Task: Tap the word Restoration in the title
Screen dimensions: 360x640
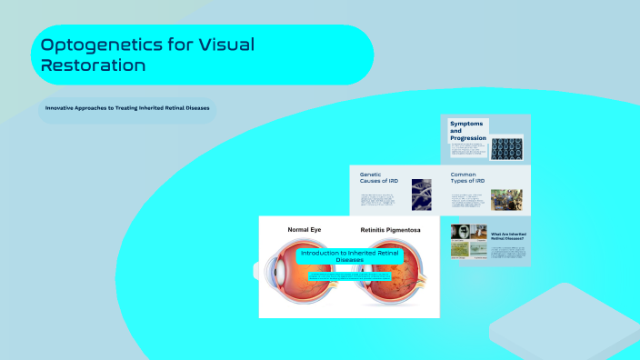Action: [95, 65]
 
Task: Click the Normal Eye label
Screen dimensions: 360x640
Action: [305, 230]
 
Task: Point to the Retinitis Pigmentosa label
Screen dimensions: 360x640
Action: [393, 230]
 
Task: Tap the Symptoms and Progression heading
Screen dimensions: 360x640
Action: [467, 131]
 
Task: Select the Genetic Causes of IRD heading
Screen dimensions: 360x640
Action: [379, 177]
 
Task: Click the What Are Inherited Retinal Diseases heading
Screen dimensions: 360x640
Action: [508, 236]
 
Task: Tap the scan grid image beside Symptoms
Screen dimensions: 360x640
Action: [506, 147]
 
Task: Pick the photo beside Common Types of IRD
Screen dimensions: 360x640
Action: [506, 200]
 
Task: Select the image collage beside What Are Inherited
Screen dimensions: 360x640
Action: [469, 244]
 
